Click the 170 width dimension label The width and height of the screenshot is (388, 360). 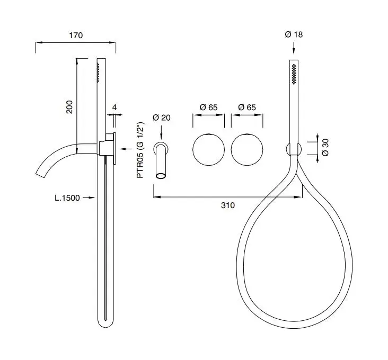point(76,35)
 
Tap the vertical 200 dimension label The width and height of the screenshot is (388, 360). point(69,107)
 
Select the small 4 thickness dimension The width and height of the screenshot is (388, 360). point(114,107)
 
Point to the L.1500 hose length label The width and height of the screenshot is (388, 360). point(67,197)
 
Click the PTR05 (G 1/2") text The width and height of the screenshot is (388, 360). point(140,150)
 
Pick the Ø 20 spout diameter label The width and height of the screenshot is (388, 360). point(162,118)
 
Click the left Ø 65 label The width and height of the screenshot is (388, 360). point(209,107)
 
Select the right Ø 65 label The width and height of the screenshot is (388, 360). point(247,107)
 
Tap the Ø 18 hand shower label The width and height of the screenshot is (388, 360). point(294,34)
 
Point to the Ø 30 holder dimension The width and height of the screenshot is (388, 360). point(325,147)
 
